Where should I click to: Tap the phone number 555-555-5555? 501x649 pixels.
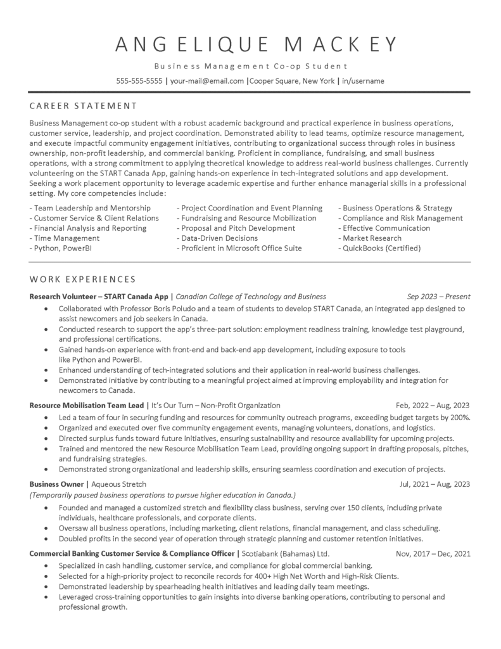[139, 81]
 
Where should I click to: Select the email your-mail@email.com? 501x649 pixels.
[207, 81]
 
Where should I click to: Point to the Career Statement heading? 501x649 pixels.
[83, 105]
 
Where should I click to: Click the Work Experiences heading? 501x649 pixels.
[83, 279]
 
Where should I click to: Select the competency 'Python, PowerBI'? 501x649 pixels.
[61, 248]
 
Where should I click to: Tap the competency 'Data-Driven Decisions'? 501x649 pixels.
[217, 238]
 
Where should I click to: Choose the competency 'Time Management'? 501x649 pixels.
[65, 238]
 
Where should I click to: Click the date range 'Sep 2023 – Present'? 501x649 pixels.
[438, 296]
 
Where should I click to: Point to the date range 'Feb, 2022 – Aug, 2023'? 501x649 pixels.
[433, 405]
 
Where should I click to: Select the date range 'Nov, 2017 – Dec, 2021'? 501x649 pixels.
[433, 553]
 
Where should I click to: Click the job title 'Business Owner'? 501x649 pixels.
[56, 484]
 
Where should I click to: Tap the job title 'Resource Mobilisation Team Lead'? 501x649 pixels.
[87, 405]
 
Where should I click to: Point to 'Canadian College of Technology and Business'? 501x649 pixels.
[251, 296]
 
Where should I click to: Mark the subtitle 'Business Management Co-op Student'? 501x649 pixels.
[250, 67]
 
